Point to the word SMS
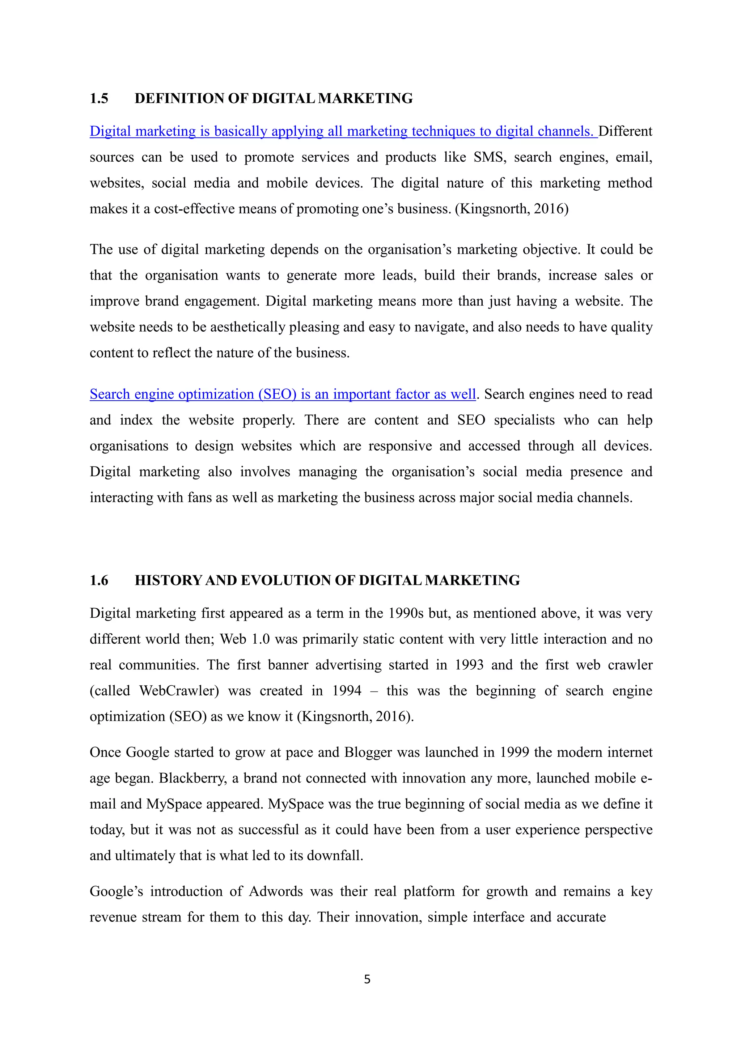[489, 157]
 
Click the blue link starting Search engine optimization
[283, 394]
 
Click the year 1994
[347, 691]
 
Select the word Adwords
[276, 891]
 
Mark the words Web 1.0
[245, 639]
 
